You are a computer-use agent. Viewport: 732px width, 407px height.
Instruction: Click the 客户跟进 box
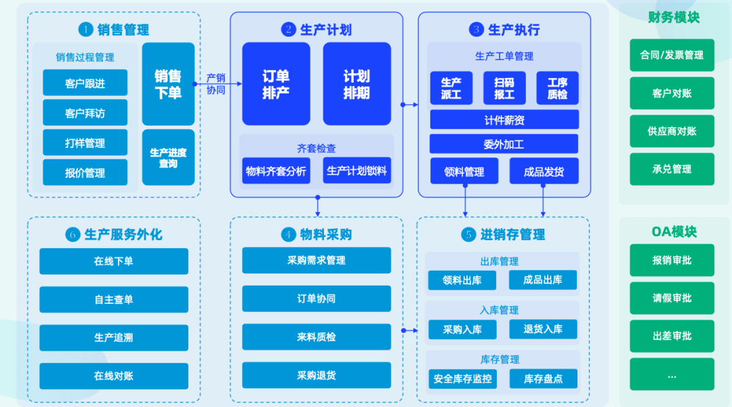tap(85, 83)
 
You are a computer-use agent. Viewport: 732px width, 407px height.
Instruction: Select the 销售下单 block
tap(168, 84)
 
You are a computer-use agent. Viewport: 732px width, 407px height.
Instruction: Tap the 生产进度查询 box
tap(168, 157)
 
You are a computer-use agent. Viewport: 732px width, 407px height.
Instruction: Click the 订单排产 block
tap(276, 84)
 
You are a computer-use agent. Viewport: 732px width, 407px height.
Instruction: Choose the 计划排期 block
tap(357, 84)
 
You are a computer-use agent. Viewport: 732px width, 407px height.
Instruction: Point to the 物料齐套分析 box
tap(276, 171)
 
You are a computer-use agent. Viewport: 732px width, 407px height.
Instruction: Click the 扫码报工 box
tap(504, 88)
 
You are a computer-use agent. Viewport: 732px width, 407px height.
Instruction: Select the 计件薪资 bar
tap(504, 120)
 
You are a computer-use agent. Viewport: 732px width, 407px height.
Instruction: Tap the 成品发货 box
tap(544, 172)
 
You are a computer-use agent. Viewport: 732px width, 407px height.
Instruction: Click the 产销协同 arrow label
tap(216, 84)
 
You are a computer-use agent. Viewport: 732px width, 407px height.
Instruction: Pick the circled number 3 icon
tap(476, 30)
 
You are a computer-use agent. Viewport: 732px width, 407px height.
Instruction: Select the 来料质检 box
tap(317, 337)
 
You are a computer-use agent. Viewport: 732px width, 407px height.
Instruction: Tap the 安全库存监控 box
tap(462, 379)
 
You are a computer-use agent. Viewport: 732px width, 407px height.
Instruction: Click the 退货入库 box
tap(543, 330)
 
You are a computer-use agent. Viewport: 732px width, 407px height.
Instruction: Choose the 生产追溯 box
tap(114, 338)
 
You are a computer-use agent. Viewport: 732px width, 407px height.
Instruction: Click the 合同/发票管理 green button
tap(672, 56)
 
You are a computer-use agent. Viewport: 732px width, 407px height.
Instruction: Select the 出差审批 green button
tap(672, 336)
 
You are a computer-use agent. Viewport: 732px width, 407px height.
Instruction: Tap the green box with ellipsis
tap(672, 374)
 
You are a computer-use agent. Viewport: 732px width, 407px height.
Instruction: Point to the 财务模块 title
tap(673, 17)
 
